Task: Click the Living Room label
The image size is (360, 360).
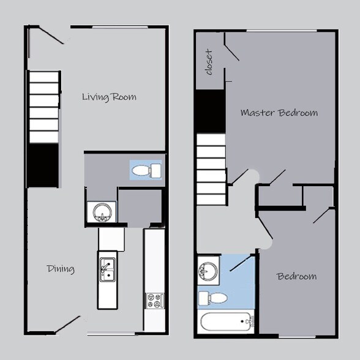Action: [109, 97]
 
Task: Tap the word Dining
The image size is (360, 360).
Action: [61, 269]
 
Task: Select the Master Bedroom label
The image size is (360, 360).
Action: [279, 113]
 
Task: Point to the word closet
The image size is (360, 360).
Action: [209, 62]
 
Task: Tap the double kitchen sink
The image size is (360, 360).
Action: [107, 269]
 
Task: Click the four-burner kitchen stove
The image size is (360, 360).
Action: [154, 301]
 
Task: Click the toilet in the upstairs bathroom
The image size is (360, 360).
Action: [213, 298]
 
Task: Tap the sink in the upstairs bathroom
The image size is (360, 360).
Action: [208, 270]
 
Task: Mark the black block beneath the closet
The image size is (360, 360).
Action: [209, 111]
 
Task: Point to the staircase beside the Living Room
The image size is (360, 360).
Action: [44, 107]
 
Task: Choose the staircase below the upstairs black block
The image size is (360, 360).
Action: [211, 168]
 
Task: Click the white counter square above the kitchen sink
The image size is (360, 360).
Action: [111, 239]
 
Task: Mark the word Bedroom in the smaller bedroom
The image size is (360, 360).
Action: [297, 276]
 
